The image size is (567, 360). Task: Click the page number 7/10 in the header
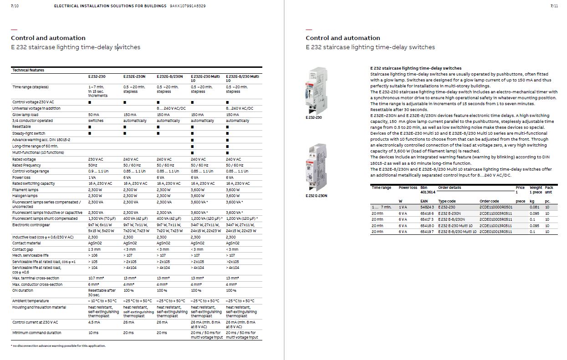pos(14,6)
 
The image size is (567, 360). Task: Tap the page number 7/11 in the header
pos(554,6)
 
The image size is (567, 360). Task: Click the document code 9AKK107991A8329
pos(188,6)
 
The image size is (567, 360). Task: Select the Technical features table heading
pos(28,70)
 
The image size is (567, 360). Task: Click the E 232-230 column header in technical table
pos(97,76)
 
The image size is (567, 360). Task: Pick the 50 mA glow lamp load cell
pos(93,115)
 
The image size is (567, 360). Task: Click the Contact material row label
pos(26,243)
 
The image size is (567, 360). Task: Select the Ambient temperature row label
pos(31,301)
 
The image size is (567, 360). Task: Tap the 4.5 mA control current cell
pos(94,322)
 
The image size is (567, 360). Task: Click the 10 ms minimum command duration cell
pos(93,333)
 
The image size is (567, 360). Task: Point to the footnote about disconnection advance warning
pos(58,346)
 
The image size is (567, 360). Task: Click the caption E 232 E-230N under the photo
pos(317,196)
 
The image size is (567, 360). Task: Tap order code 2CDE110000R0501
pos(496,207)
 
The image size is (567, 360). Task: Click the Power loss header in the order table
pos(408,188)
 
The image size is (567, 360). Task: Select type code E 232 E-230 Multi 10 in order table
pos(455,226)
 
